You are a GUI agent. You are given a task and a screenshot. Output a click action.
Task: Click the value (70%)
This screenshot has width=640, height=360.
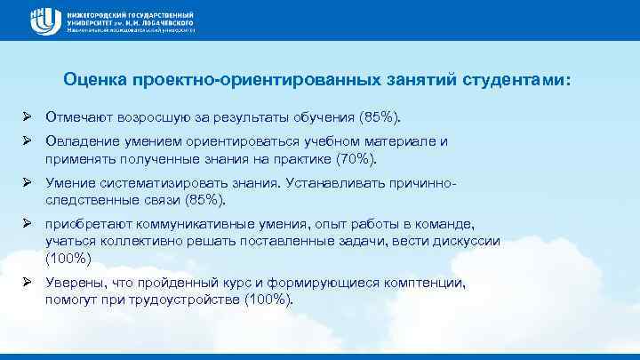355,159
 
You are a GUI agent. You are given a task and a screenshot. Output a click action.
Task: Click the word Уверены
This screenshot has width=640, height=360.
74,284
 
